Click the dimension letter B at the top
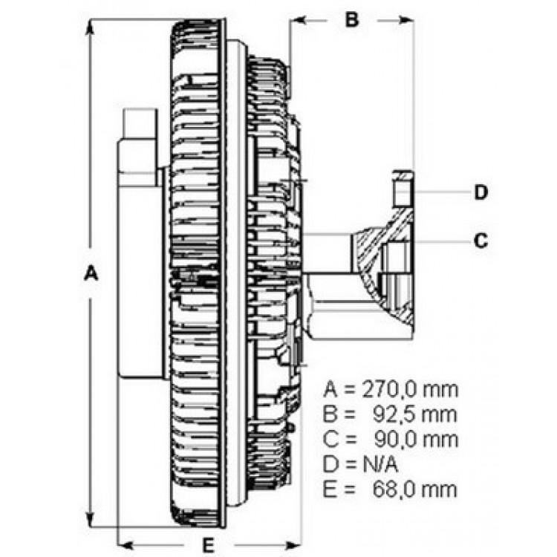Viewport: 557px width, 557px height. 352,19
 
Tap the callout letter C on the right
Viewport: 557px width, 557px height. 481,241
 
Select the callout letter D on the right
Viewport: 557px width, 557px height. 481,192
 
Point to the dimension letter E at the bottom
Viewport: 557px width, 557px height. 209,544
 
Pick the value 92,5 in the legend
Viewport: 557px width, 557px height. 395,414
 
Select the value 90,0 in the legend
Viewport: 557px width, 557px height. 395,440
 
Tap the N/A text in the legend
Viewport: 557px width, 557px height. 380,464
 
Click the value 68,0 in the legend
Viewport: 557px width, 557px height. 394,489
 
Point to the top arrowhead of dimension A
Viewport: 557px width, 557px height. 90,27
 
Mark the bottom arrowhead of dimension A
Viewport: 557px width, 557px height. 90,520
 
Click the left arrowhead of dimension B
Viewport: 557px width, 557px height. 299,19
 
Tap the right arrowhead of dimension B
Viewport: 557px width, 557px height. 405,19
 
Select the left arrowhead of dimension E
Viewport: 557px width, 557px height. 126,545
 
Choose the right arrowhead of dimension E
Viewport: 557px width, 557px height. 293,545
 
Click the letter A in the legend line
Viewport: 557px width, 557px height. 330,390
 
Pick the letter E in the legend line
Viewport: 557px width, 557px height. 329,489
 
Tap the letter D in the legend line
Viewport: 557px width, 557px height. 330,464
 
